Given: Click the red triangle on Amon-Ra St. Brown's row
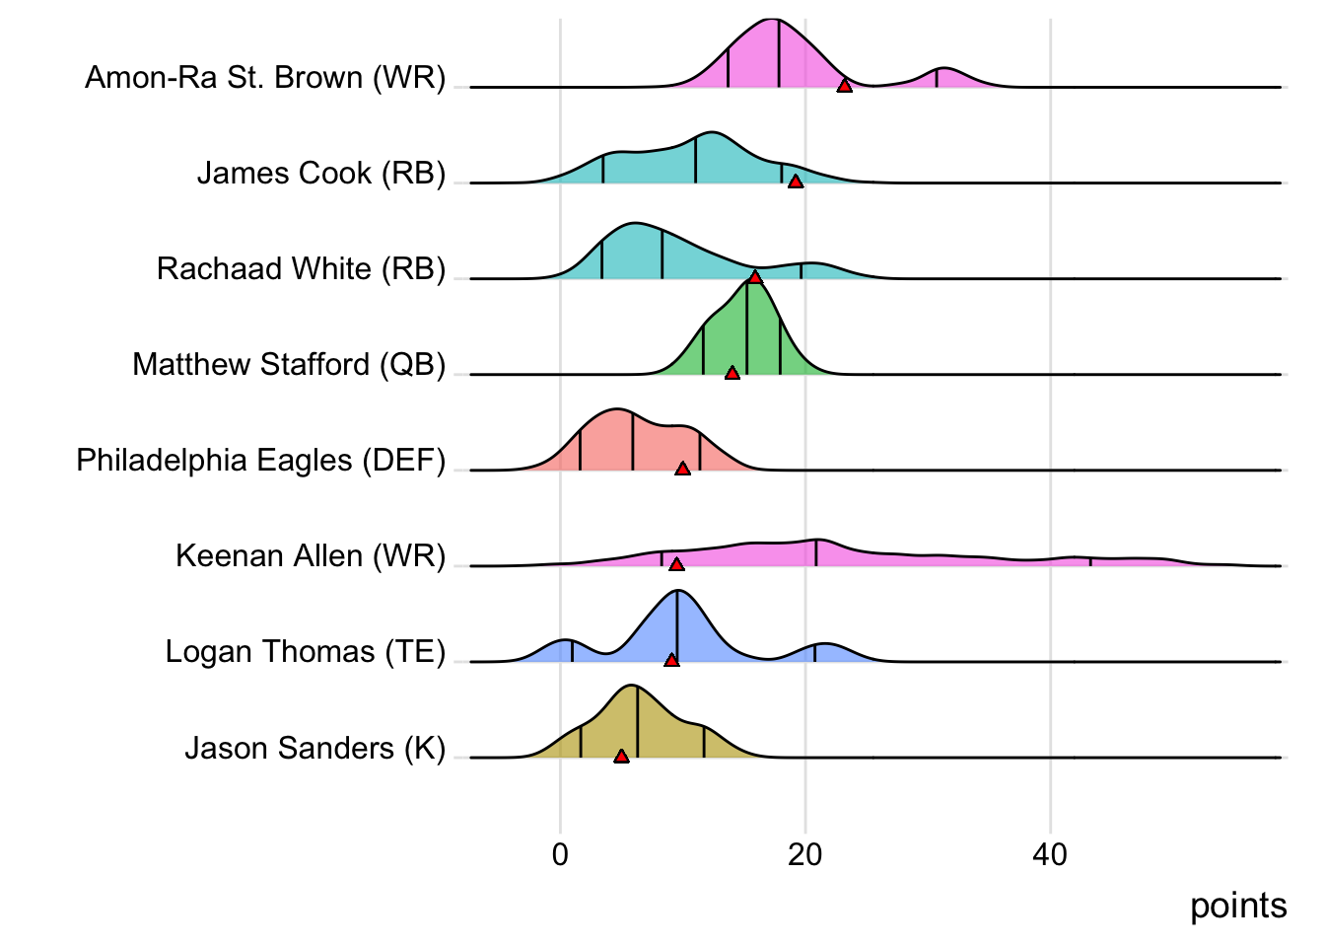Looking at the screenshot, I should point(844,87).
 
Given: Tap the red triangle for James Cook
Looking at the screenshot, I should point(795,182).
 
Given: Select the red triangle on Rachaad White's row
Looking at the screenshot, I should point(755,277).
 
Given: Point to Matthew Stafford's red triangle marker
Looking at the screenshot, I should point(732,373).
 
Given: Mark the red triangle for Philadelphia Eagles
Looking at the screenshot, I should point(682,469).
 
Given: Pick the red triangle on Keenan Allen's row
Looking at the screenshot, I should point(676,564).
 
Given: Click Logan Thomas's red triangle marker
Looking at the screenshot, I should point(671,660).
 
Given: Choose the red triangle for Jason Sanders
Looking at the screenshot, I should point(621,757).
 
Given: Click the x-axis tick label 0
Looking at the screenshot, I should point(560,854).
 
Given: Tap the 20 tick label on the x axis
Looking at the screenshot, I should point(804,854).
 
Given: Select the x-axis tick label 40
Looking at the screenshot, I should point(1050,854).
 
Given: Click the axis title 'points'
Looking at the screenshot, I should point(1238,906).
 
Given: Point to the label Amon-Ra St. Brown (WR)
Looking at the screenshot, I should point(265,77).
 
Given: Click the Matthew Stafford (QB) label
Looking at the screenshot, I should point(289,364).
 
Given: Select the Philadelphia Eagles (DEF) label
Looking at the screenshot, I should point(261,460).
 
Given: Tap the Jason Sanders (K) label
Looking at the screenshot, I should point(315,748).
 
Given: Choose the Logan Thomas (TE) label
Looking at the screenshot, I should point(306,652).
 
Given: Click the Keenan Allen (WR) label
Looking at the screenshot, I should point(311,556).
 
